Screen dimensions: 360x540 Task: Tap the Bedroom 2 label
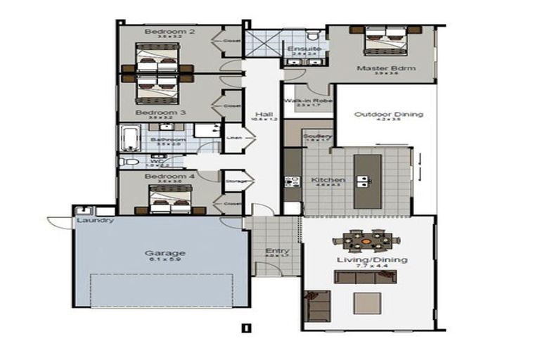coord(160,32)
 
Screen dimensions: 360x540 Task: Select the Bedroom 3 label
coord(160,112)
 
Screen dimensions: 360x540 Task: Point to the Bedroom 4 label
coord(160,176)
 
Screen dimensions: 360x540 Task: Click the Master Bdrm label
coord(385,68)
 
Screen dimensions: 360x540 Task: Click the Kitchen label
coord(324,179)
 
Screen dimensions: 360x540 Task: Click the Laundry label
coord(96,220)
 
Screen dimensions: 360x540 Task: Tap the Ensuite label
coord(300,48)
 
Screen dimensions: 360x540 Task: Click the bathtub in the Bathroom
coord(131,138)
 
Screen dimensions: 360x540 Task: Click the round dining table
coord(366,240)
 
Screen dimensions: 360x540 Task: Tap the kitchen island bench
coord(367,180)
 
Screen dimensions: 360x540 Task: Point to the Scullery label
coord(316,136)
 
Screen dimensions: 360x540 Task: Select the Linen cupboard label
coord(233,138)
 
